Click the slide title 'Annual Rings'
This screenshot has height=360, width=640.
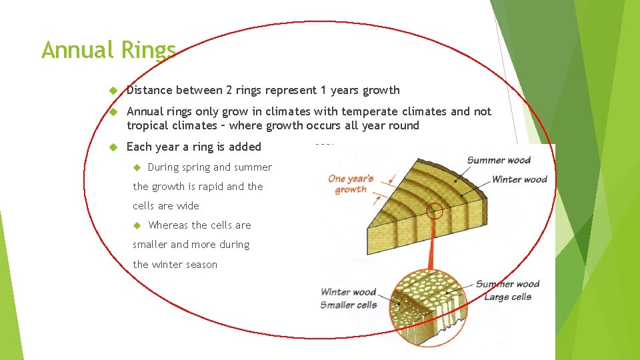tap(108, 50)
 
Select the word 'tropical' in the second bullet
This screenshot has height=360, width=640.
tap(147, 125)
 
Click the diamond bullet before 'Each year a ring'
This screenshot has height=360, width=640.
tap(113, 147)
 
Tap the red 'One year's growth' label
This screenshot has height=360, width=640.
tap(351, 184)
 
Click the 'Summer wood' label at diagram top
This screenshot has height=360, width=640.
tap(499, 160)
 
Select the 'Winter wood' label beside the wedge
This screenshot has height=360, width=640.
tap(519, 179)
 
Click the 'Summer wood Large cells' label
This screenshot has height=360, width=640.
tap(507, 291)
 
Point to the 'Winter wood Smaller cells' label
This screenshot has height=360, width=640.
tap(348, 299)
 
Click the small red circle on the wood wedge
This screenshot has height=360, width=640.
tap(435, 211)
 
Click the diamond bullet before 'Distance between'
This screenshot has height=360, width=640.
tap(113, 90)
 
